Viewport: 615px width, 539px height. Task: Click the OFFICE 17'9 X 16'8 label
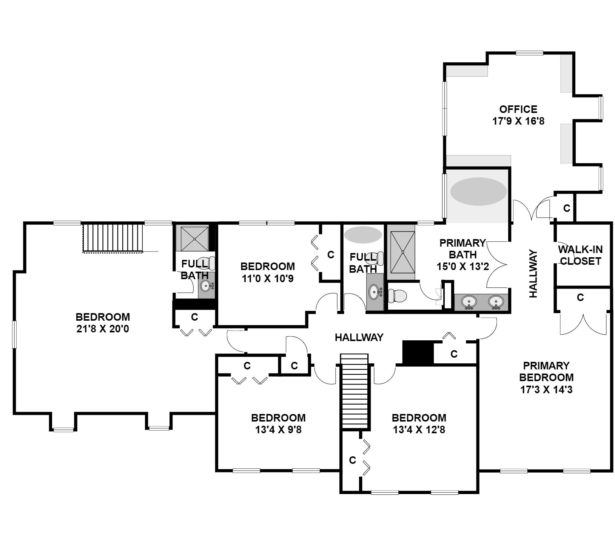pos(518,115)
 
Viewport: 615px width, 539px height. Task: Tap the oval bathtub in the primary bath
pos(478,192)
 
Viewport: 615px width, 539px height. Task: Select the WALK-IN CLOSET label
pos(580,255)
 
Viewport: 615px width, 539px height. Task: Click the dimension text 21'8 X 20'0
pos(103,329)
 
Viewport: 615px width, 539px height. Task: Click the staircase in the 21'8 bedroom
pos(113,238)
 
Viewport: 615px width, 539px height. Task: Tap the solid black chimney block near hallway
pos(418,352)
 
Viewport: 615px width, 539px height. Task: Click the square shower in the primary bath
pos(402,252)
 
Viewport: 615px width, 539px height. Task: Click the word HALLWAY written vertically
pos(533,273)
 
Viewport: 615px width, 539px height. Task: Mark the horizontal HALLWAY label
pos(359,337)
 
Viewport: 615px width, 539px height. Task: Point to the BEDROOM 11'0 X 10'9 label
pos(267,272)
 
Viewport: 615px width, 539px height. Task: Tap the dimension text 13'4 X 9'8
pos(278,429)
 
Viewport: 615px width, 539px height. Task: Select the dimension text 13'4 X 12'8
pos(419,429)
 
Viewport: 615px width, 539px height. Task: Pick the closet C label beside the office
pos(566,208)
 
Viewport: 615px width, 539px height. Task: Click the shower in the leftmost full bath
pos(194,238)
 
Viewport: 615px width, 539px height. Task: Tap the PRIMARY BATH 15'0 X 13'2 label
pos(462,255)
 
